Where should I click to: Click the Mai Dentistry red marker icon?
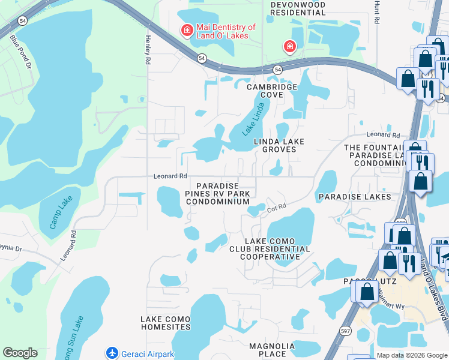point(187,30)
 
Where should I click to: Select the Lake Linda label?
point(253,124)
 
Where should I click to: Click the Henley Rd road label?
point(147,49)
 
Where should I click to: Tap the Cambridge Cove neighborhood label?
point(273,91)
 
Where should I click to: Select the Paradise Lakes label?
point(355,197)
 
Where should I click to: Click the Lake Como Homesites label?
point(166,323)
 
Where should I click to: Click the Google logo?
point(20,353)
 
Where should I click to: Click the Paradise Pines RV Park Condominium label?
point(217,194)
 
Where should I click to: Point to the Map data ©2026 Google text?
point(411,355)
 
